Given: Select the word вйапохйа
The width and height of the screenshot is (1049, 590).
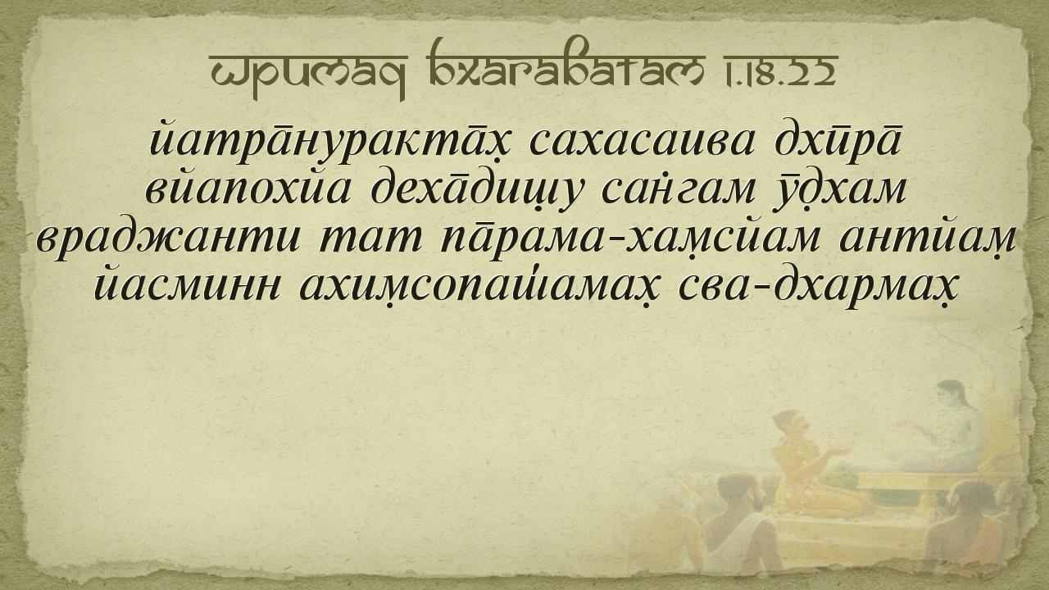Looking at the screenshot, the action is click(247, 188).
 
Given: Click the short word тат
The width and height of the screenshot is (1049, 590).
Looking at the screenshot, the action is click(370, 238).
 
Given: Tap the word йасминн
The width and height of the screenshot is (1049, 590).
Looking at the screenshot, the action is click(187, 283).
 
